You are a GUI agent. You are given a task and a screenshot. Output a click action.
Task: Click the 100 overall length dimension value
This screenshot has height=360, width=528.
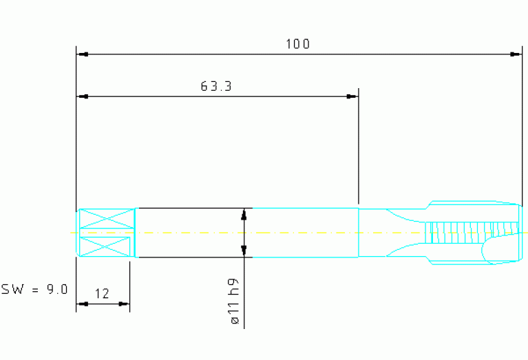tap(297, 44)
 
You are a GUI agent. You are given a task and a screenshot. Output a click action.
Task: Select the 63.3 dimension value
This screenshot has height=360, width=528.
tap(216, 87)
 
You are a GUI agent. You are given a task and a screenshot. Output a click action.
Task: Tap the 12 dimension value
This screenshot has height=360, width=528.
tap(102, 294)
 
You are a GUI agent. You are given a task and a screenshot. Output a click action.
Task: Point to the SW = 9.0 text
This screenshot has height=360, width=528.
tap(34, 290)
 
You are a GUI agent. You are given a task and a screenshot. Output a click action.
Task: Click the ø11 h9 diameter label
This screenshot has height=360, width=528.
tap(235, 301)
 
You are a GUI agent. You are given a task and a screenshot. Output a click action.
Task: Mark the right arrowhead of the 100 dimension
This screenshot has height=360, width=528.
tap(516, 54)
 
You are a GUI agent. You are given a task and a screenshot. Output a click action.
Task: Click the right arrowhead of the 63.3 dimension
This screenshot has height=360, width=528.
tap(352, 96)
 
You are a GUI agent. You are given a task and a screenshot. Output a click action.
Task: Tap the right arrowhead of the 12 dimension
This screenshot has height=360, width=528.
tap(124, 304)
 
